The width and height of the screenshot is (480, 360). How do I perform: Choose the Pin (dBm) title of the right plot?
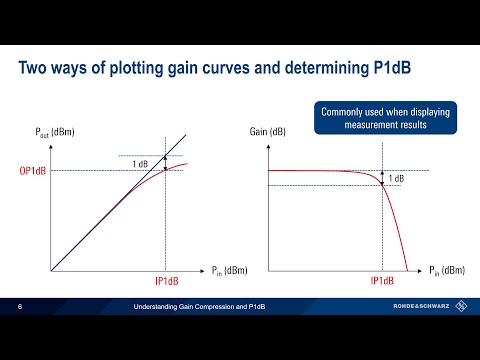tap(447, 270)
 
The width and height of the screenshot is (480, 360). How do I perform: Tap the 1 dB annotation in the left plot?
tap(144, 163)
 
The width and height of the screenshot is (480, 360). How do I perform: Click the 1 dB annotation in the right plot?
tap(395, 178)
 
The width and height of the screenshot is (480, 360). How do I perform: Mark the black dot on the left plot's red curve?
tap(165, 169)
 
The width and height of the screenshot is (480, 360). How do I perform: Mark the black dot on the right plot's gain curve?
tap(383, 184)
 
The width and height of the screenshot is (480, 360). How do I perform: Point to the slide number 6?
tap(19, 305)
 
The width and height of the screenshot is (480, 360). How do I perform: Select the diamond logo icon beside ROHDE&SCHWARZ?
tap(461, 305)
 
